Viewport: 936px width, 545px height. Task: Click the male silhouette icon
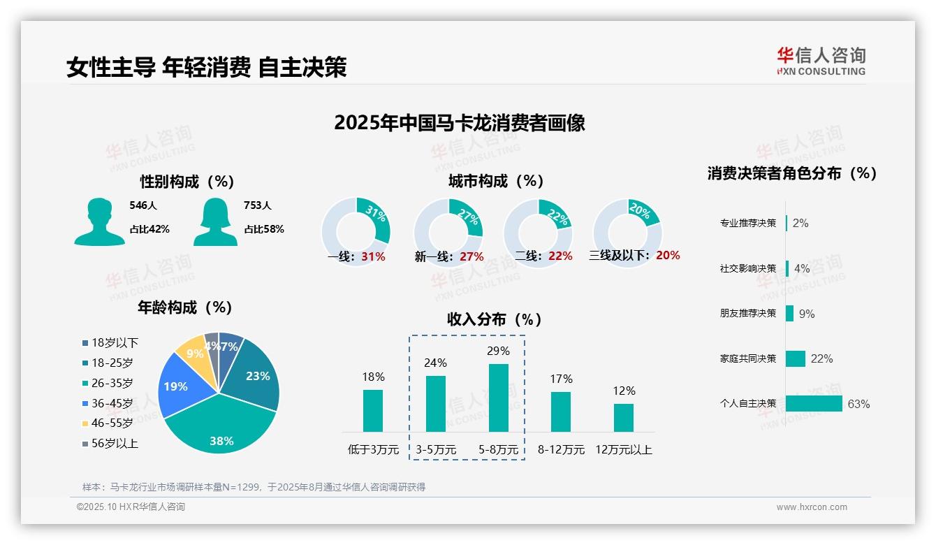click(x=99, y=222)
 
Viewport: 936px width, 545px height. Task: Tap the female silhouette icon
click(x=215, y=222)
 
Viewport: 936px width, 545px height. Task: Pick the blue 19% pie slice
click(x=176, y=386)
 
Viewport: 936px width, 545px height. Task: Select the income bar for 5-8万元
click(x=498, y=398)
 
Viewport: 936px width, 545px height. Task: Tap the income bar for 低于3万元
click(x=373, y=410)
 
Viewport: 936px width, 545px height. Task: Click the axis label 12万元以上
click(x=624, y=449)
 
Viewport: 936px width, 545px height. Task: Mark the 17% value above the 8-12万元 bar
click(x=561, y=379)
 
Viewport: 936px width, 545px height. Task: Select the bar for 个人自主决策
click(x=814, y=403)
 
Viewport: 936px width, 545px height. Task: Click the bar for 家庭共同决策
click(x=796, y=358)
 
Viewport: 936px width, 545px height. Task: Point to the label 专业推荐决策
click(x=747, y=223)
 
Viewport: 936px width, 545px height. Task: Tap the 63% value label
click(x=858, y=404)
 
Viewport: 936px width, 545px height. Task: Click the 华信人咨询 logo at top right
click(x=821, y=61)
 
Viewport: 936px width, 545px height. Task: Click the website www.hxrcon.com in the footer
click(x=812, y=507)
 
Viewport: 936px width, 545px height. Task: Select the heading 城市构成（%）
click(x=496, y=181)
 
